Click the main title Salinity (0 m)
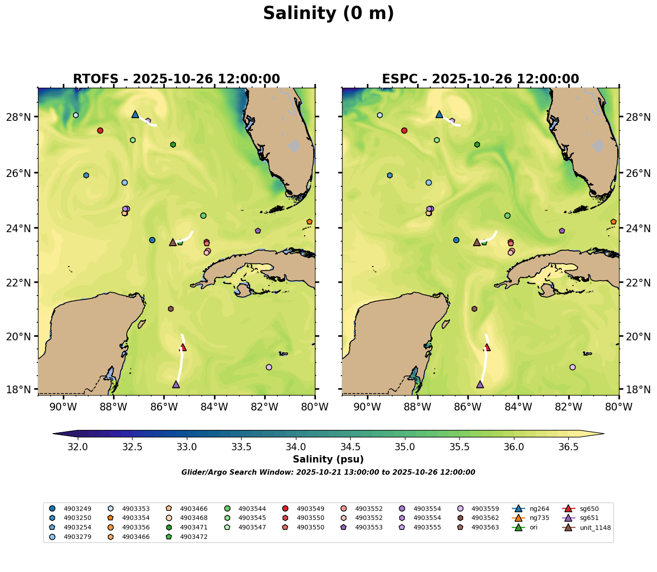(328, 14)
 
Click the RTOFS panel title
(176, 79)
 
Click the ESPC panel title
(481, 79)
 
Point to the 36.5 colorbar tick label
(568, 447)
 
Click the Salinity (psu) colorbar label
(328, 460)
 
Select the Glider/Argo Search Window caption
(328, 472)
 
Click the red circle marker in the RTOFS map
(100, 131)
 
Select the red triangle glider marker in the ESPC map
(487, 348)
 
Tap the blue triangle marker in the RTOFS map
(135, 114)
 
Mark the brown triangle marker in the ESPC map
(476, 243)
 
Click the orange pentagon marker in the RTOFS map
(309, 222)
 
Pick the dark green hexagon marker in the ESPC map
(477, 145)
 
